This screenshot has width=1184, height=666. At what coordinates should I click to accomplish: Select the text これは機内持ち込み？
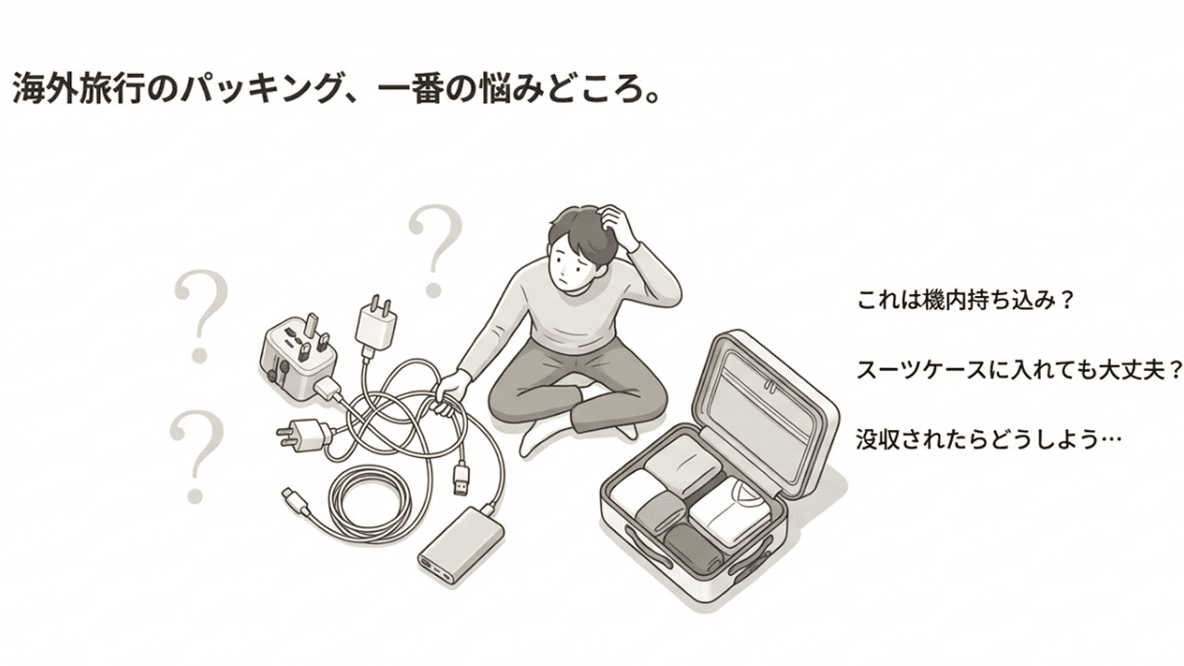pos(967,302)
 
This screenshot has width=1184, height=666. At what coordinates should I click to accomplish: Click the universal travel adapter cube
pos(298,357)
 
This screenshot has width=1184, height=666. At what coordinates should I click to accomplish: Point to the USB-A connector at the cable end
pos(462,479)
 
